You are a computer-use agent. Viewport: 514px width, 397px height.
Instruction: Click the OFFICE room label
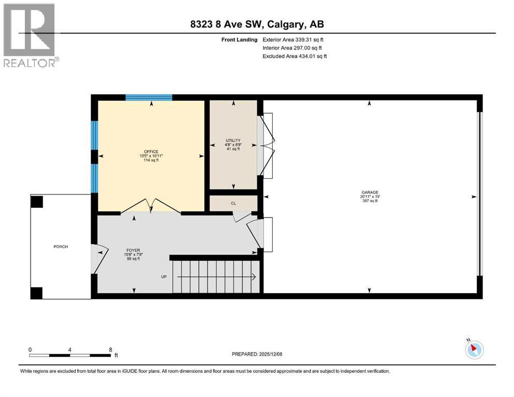(x=151, y=151)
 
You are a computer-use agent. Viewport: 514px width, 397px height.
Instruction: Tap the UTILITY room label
(x=233, y=141)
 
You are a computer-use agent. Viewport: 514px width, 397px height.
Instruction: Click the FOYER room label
(x=133, y=249)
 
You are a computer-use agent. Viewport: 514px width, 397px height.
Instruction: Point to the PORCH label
(x=61, y=247)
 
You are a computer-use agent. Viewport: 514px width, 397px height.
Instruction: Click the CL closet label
(x=233, y=204)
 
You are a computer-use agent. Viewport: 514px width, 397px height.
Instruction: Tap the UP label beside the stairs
(x=164, y=277)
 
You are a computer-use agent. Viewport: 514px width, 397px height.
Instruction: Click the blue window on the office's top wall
(x=149, y=97)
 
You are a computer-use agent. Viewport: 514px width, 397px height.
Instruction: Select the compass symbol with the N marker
(x=474, y=349)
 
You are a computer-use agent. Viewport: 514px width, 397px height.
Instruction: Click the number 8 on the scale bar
(x=110, y=349)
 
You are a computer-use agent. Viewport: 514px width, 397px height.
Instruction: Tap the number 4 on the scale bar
(x=70, y=349)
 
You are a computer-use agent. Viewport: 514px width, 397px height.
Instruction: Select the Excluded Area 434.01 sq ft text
(x=295, y=56)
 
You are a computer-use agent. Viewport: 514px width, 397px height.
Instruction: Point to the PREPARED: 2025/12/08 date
(x=256, y=354)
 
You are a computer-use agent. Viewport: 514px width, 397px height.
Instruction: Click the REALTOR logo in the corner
(x=30, y=36)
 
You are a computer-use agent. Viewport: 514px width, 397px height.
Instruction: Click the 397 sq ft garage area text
(x=369, y=201)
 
